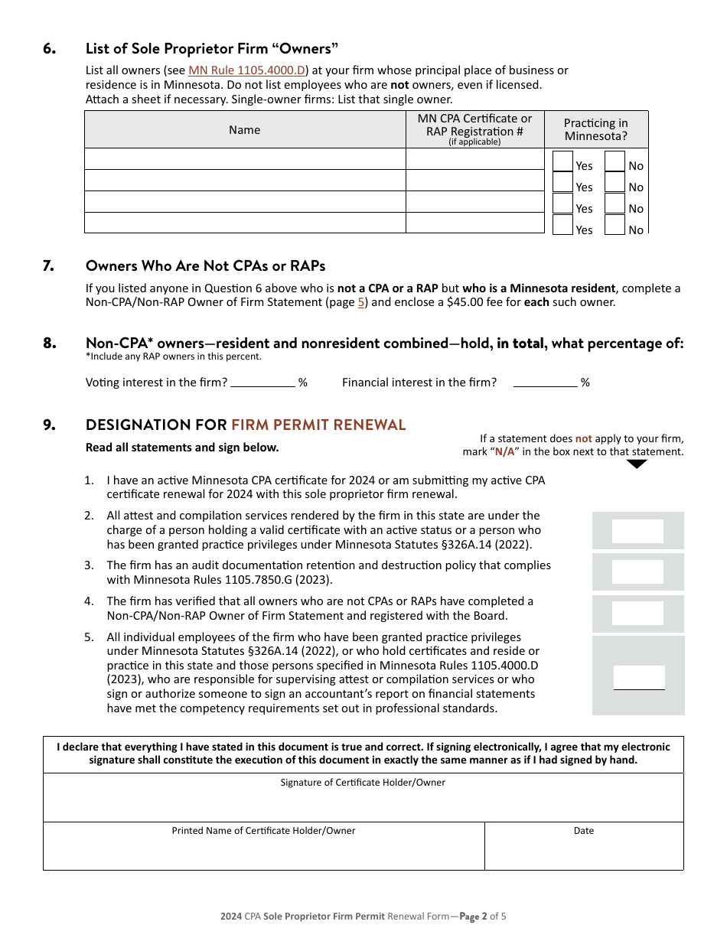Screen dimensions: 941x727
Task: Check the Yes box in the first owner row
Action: click(x=562, y=162)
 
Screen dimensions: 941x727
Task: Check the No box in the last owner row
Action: click(x=615, y=226)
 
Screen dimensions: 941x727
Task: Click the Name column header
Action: click(x=244, y=130)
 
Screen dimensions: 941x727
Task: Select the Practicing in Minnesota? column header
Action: click(x=595, y=129)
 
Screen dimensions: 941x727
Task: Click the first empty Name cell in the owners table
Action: click(x=244, y=159)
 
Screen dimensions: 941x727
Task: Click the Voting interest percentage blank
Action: click(x=262, y=382)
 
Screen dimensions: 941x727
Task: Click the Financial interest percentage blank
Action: click(x=545, y=382)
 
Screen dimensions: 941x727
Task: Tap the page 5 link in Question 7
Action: click(x=361, y=302)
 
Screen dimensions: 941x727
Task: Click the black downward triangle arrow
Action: click(x=636, y=464)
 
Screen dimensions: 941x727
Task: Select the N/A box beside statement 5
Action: click(x=639, y=677)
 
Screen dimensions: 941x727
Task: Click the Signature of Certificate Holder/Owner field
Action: click(x=363, y=803)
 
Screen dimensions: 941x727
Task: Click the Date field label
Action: click(x=583, y=831)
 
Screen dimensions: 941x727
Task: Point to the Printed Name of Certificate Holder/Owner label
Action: click(x=263, y=831)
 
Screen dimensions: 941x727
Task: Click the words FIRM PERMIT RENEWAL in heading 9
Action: click(x=318, y=425)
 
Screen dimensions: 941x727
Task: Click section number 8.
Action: click(x=50, y=344)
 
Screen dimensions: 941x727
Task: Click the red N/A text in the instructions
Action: click(x=504, y=452)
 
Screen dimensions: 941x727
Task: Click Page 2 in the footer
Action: click(x=472, y=916)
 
